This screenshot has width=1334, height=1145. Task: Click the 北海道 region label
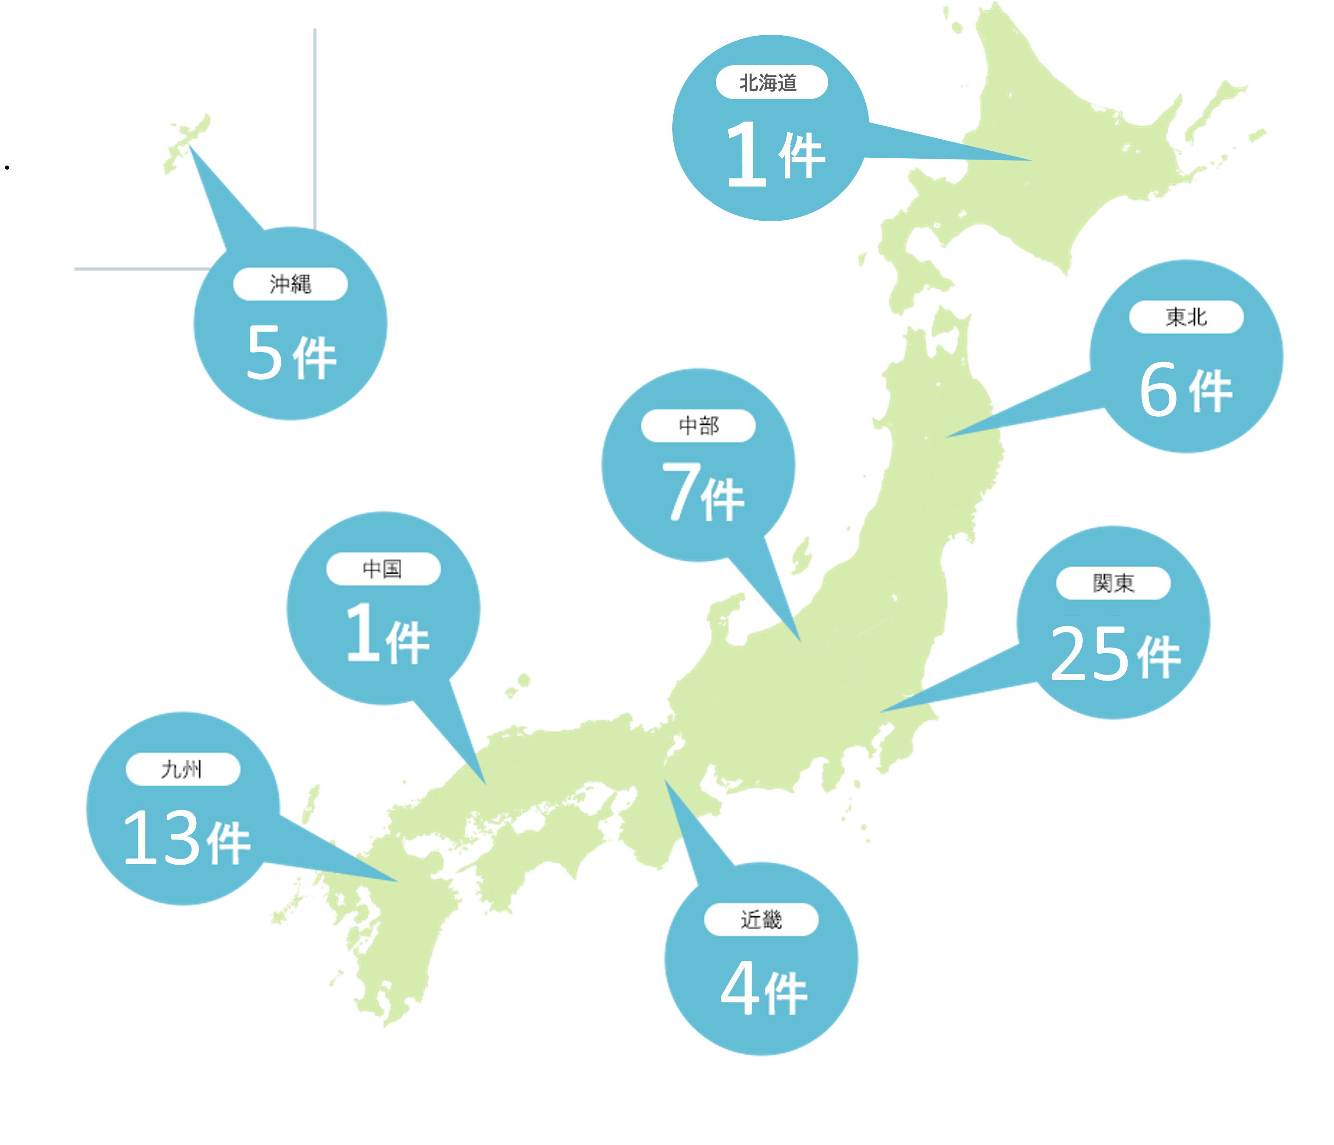pyautogui.click(x=771, y=82)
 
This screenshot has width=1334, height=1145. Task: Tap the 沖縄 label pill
pyautogui.click(x=291, y=284)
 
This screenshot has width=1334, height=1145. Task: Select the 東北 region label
pyautogui.click(x=1186, y=316)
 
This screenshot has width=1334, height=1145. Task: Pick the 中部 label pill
pyautogui.click(x=699, y=426)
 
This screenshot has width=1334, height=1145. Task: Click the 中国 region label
pyautogui.click(x=383, y=569)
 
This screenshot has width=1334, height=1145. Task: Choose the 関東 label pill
pyautogui.click(x=1113, y=583)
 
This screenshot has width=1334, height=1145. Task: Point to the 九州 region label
pyautogui.click(x=183, y=769)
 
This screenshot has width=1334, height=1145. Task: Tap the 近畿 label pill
pyautogui.click(x=761, y=920)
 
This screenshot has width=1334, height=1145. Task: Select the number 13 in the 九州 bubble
pyautogui.click(x=161, y=837)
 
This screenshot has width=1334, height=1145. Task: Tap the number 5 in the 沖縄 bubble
pyautogui.click(x=264, y=352)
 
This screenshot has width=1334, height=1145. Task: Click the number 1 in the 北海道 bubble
pyautogui.click(x=747, y=155)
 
